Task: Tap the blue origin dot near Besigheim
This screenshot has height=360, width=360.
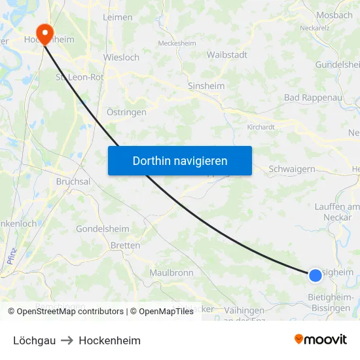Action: click(x=315, y=275)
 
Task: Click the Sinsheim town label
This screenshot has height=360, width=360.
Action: click(x=206, y=86)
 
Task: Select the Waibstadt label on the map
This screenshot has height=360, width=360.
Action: click(x=226, y=56)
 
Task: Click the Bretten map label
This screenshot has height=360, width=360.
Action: click(x=126, y=245)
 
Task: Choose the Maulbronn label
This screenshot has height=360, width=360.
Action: click(x=171, y=272)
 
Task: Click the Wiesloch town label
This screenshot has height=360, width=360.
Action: click(x=121, y=57)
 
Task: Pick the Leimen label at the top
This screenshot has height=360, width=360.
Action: click(x=118, y=18)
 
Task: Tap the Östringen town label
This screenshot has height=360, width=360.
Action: click(x=126, y=112)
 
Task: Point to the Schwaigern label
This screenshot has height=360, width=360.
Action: click(x=292, y=169)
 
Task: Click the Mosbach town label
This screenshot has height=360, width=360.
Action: click(x=334, y=15)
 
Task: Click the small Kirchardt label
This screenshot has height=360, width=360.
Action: click(x=261, y=127)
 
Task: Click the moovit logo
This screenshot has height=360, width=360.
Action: click(x=321, y=340)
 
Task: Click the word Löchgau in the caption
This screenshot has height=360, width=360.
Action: click(x=34, y=340)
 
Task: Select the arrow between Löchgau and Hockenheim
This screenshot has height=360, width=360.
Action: click(x=67, y=340)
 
